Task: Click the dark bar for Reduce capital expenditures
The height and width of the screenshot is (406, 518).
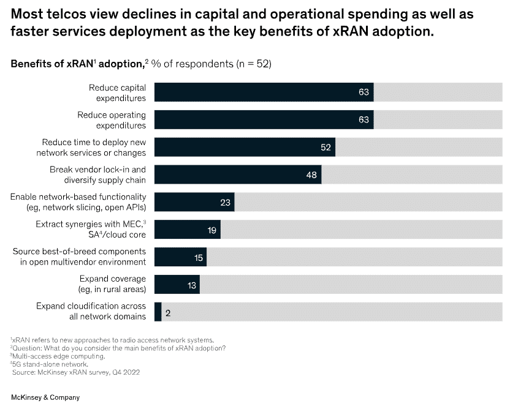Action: (264, 92)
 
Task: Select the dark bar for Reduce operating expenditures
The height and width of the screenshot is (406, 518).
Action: (264, 120)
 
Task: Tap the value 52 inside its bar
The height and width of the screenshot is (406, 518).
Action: (325, 148)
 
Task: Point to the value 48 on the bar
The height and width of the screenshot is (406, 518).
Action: (311, 175)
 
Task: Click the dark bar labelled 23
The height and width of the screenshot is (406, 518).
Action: (194, 202)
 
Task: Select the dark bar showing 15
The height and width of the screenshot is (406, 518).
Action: (180, 257)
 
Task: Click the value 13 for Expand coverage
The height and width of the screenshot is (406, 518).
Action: (191, 285)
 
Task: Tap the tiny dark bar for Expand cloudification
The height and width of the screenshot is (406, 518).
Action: (158, 312)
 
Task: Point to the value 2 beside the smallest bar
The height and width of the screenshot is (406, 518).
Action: (167, 312)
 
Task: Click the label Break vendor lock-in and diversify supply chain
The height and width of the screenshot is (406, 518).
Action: (97, 175)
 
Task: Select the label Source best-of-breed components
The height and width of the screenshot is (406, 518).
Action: (79, 257)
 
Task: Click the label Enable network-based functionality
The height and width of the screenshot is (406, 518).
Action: (78, 202)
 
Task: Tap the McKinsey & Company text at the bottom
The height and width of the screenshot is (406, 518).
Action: (45, 397)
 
